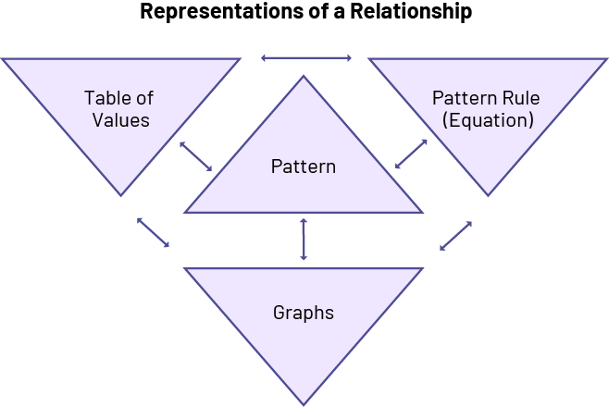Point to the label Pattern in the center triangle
pos(304,167)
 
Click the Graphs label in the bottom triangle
pos(304,313)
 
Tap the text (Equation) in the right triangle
pos(488,120)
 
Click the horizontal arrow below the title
pos(306,58)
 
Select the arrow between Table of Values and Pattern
pos(196,156)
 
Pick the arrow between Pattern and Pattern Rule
pos(412,154)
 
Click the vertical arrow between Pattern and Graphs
pos(304,240)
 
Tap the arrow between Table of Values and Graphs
pos(153,232)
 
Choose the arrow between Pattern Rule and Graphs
pos(456,236)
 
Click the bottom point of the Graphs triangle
pos(304,402)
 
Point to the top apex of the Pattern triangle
pos(304,78)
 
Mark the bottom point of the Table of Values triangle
pos(120,194)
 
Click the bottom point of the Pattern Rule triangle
pos(489,194)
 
